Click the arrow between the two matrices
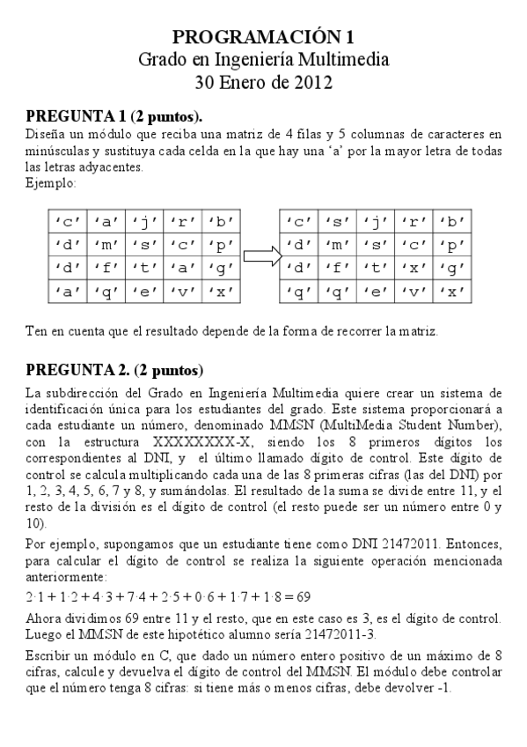(260, 256)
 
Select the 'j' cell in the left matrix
(143, 222)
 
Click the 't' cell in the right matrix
(376, 268)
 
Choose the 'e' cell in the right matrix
(376, 292)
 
